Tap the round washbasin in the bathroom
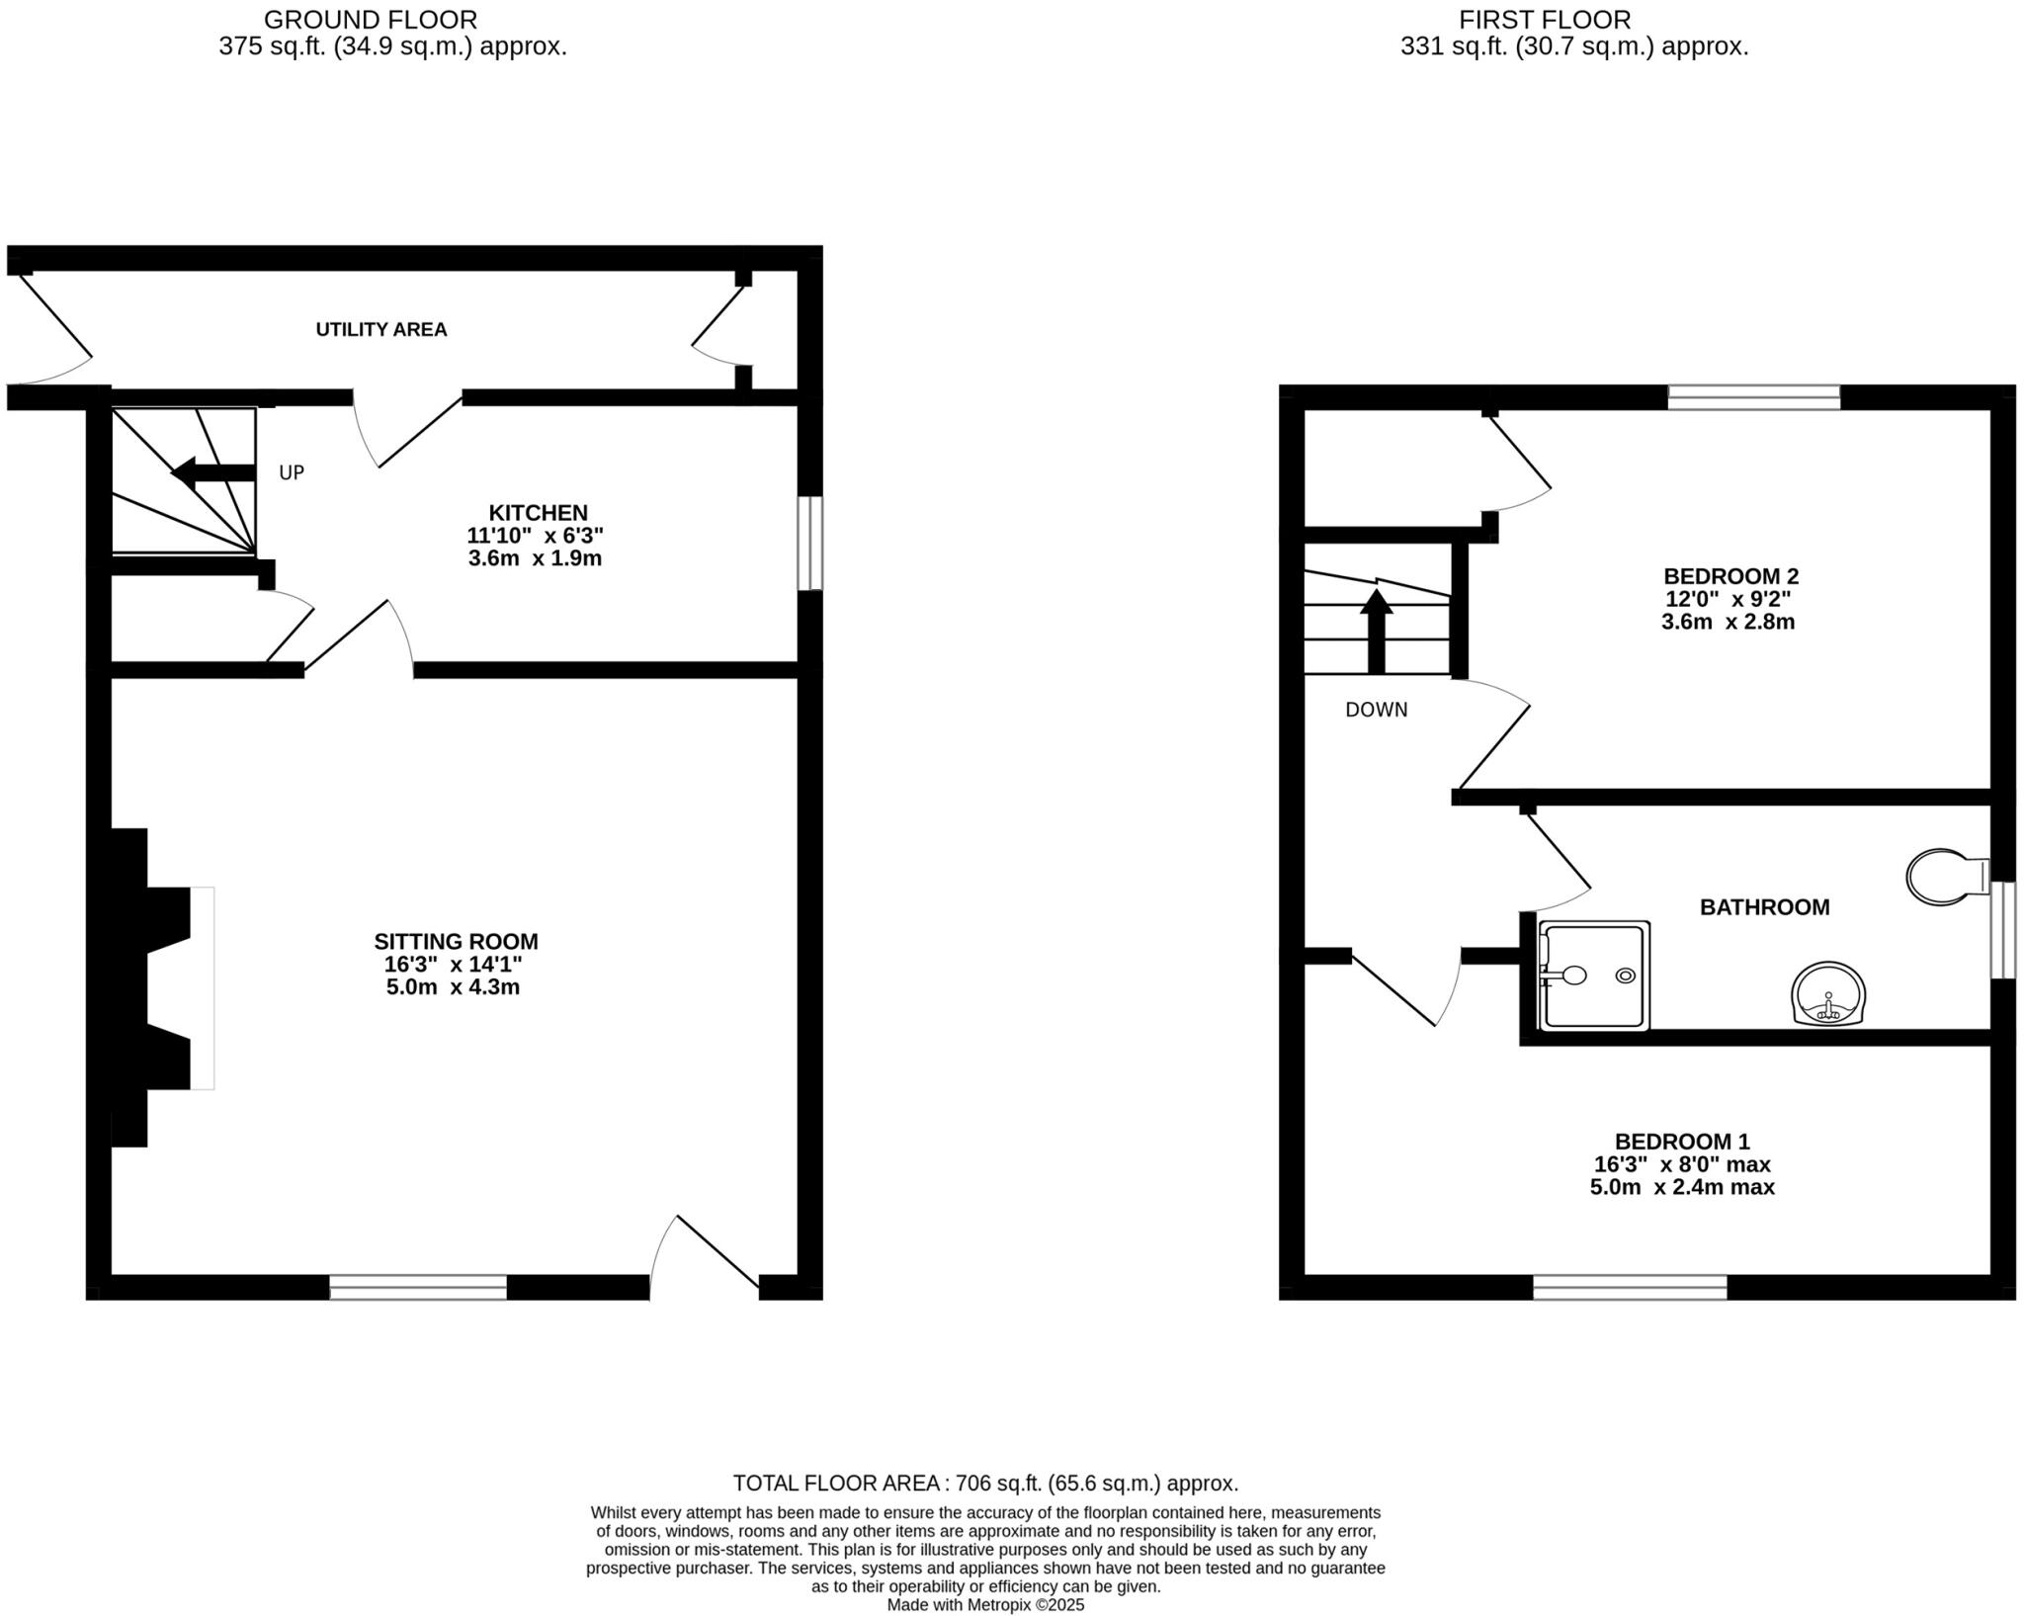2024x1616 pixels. click(1828, 992)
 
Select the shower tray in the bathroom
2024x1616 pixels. click(1594, 976)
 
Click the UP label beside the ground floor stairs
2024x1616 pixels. click(291, 472)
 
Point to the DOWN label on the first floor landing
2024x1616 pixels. click(1376, 710)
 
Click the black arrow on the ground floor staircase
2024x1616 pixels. click(212, 472)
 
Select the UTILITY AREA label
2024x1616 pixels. click(380, 329)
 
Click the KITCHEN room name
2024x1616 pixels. click(538, 512)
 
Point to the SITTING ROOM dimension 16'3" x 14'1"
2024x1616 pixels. click(453, 965)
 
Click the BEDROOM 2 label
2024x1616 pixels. click(1730, 575)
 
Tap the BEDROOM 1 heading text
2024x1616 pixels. click(1681, 1142)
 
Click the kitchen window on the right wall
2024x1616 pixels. click(809, 543)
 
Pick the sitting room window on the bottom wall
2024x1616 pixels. click(418, 1287)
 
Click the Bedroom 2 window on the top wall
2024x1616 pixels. click(1753, 397)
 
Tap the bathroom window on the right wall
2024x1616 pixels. click(2002, 929)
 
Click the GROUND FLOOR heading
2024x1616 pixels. click(371, 19)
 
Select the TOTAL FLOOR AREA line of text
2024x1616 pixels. click(984, 1483)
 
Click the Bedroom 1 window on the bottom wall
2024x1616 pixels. click(1629, 1287)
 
